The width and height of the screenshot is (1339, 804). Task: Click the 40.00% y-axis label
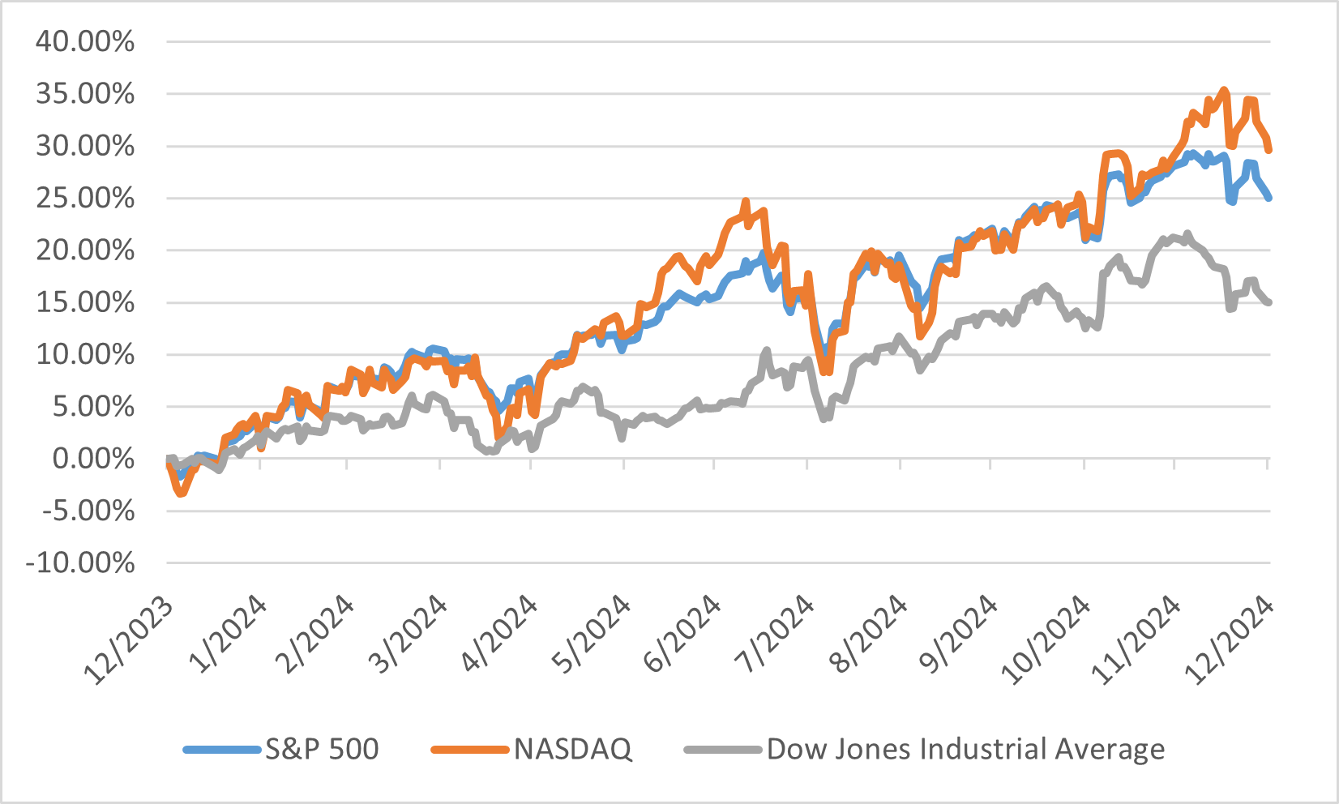(85, 41)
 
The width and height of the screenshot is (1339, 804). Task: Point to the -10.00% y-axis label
(80, 562)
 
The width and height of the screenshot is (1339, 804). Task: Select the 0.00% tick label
(93, 459)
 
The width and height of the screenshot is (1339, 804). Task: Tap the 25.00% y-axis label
(85, 198)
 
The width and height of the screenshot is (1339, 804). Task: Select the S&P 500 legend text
(322, 749)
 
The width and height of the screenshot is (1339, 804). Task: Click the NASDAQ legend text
(572, 749)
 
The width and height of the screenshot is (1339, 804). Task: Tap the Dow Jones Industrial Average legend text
(965, 749)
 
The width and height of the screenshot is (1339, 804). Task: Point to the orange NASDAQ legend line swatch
(469, 750)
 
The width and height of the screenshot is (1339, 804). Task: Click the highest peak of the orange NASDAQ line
(1224, 91)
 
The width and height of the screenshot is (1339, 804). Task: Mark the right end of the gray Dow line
(1268, 302)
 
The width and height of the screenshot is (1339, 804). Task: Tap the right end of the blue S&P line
(1268, 197)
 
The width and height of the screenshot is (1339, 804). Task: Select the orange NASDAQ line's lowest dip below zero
(182, 493)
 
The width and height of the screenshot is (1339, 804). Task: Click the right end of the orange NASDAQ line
(1268, 149)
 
